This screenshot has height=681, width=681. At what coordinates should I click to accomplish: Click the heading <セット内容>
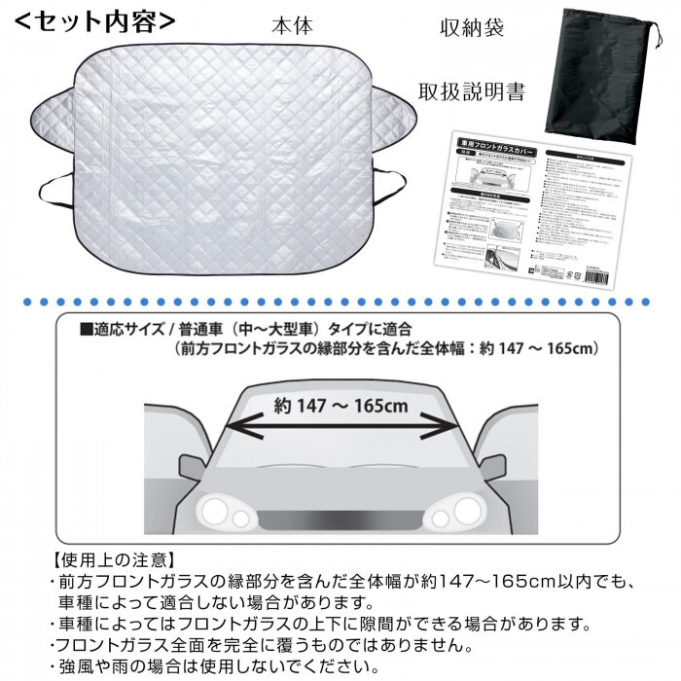pos(94,21)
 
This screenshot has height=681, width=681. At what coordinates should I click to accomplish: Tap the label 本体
pos(292,26)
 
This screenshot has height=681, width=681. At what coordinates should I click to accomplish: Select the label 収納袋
pos(471,28)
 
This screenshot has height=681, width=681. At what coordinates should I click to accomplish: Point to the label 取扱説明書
pos(472,92)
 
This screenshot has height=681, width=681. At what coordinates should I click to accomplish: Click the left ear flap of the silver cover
pos(53,114)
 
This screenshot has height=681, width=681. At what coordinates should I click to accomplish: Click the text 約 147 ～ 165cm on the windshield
pos(340,404)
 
